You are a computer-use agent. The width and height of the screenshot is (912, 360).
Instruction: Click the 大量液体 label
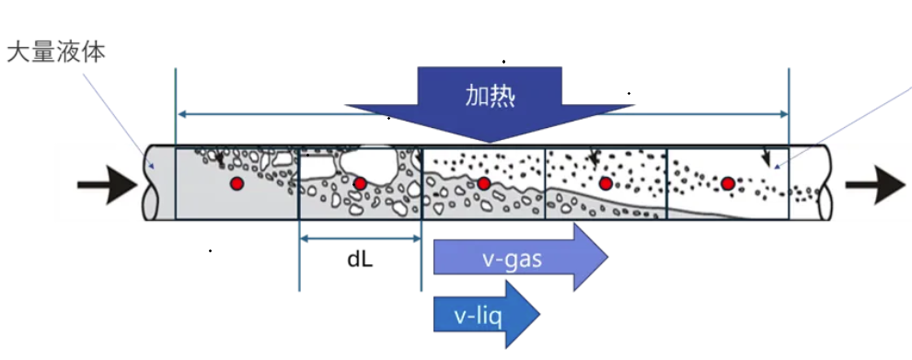56,52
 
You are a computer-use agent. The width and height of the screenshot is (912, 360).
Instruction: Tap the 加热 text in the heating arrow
490,96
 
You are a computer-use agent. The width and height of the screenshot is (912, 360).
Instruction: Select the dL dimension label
360,260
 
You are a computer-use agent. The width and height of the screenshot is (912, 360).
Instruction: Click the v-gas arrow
521,258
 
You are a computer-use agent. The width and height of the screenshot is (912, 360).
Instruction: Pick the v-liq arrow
486,315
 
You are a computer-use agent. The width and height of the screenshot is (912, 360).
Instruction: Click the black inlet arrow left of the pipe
108,185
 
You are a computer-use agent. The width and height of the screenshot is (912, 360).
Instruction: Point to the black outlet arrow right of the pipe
875,185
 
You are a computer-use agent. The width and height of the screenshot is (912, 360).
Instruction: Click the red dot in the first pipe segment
237,184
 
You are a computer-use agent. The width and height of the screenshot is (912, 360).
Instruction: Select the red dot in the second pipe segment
360,184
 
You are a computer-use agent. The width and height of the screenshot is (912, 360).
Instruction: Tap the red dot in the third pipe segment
483,184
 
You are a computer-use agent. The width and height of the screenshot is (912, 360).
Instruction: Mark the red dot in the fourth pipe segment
606,184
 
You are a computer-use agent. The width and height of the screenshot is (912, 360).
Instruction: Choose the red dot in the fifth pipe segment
728,184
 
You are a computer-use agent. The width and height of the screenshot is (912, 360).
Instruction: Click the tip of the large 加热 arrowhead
490,143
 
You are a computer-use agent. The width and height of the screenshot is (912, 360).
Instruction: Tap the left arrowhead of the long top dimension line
180,114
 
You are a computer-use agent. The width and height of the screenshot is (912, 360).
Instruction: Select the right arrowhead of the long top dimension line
784,114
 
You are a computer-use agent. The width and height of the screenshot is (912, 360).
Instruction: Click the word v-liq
478,318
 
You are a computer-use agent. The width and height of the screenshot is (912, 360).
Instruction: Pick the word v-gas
513,260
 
